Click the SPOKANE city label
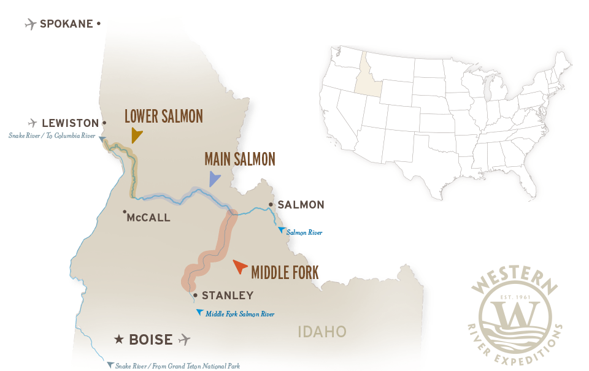click(x=66, y=24)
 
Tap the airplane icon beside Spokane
click(x=30, y=24)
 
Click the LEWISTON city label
click(x=69, y=123)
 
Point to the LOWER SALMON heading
click(x=163, y=116)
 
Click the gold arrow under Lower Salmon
click(x=136, y=135)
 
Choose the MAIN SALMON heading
click(x=239, y=159)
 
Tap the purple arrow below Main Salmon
click(x=214, y=178)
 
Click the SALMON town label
click(x=301, y=204)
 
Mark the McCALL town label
click(x=149, y=217)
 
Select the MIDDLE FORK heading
click(x=285, y=272)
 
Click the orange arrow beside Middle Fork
click(x=240, y=267)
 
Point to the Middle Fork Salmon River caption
click(x=239, y=314)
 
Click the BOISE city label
click(x=151, y=339)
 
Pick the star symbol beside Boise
click(x=120, y=339)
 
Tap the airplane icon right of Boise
click(x=184, y=339)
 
